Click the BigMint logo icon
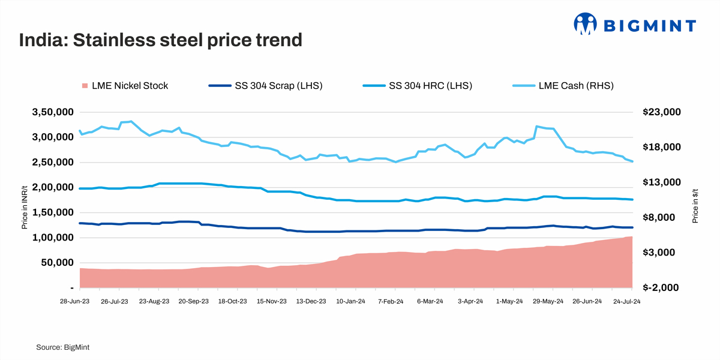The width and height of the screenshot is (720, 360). coord(586,24)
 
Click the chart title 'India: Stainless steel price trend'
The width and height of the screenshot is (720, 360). coord(160,40)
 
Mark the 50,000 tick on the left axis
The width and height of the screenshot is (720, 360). coord(59,263)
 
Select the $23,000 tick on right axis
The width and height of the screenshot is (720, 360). coord(662,112)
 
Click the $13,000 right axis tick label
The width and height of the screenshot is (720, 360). coord(662,182)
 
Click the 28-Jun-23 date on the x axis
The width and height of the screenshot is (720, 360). coord(76,302)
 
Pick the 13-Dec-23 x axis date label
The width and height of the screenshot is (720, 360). coord(312,302)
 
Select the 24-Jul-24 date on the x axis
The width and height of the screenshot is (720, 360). coord(627,302)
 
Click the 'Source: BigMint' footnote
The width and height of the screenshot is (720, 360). coord(63,347)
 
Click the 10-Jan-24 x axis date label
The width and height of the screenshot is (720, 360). coord(351,302)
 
